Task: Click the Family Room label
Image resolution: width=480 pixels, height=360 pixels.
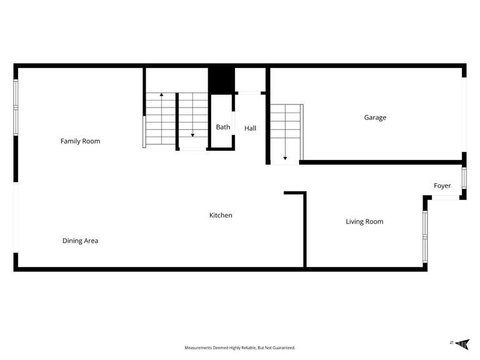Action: point(80,141)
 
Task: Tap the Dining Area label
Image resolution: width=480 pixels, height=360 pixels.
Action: point(80,241)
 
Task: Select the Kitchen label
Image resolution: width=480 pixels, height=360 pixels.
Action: point(221,215)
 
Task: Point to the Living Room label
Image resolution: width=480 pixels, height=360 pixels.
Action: point(364,221)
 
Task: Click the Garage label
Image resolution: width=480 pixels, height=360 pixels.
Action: point(375,117)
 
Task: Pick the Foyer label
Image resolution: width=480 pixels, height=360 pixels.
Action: point(442,186)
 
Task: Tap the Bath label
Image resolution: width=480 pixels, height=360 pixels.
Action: point(223,127)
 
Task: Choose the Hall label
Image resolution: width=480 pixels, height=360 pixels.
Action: point(250,128)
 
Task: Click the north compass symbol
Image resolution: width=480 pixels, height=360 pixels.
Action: point(462,342)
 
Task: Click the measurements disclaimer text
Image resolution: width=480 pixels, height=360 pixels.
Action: point(239,347)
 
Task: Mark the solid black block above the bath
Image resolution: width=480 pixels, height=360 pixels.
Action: point(221,79)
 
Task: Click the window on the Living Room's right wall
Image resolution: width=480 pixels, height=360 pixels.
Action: point(424,236)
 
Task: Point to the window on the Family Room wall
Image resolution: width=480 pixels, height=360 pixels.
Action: point(16,107)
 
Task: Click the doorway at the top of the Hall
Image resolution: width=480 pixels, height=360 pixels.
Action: point(251,93)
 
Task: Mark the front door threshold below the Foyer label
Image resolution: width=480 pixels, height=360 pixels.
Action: point(446,198)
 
